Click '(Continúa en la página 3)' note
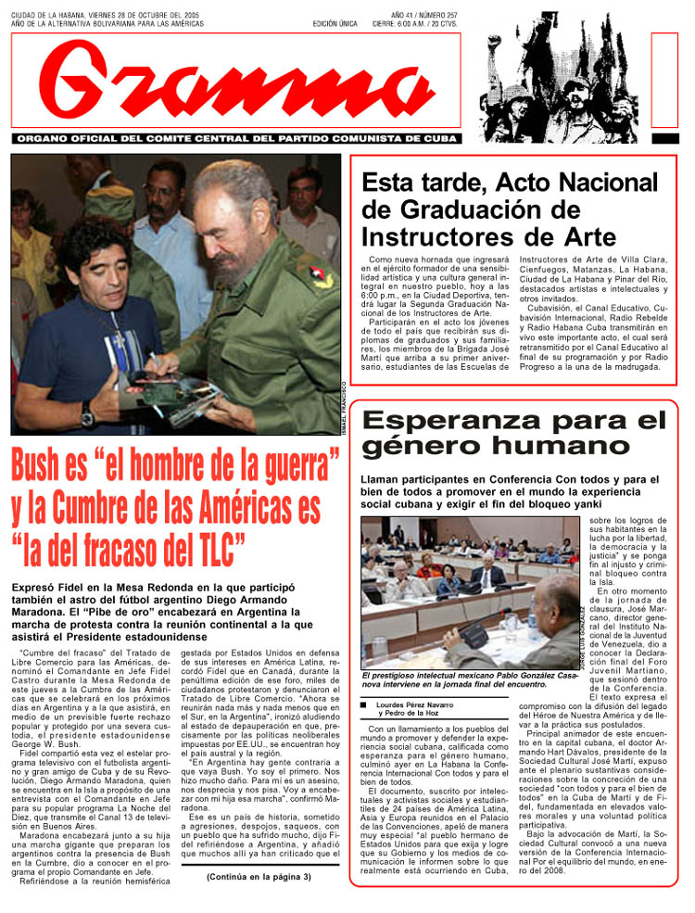259,877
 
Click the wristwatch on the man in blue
87,413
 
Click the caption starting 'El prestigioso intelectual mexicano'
454,680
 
